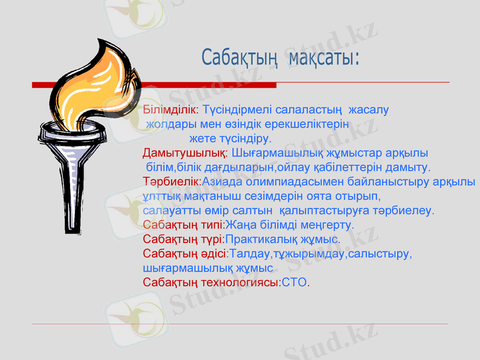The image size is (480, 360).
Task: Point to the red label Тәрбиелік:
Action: click(x=172, y=181)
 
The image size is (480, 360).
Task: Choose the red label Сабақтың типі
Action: click(x=183, y=225)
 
